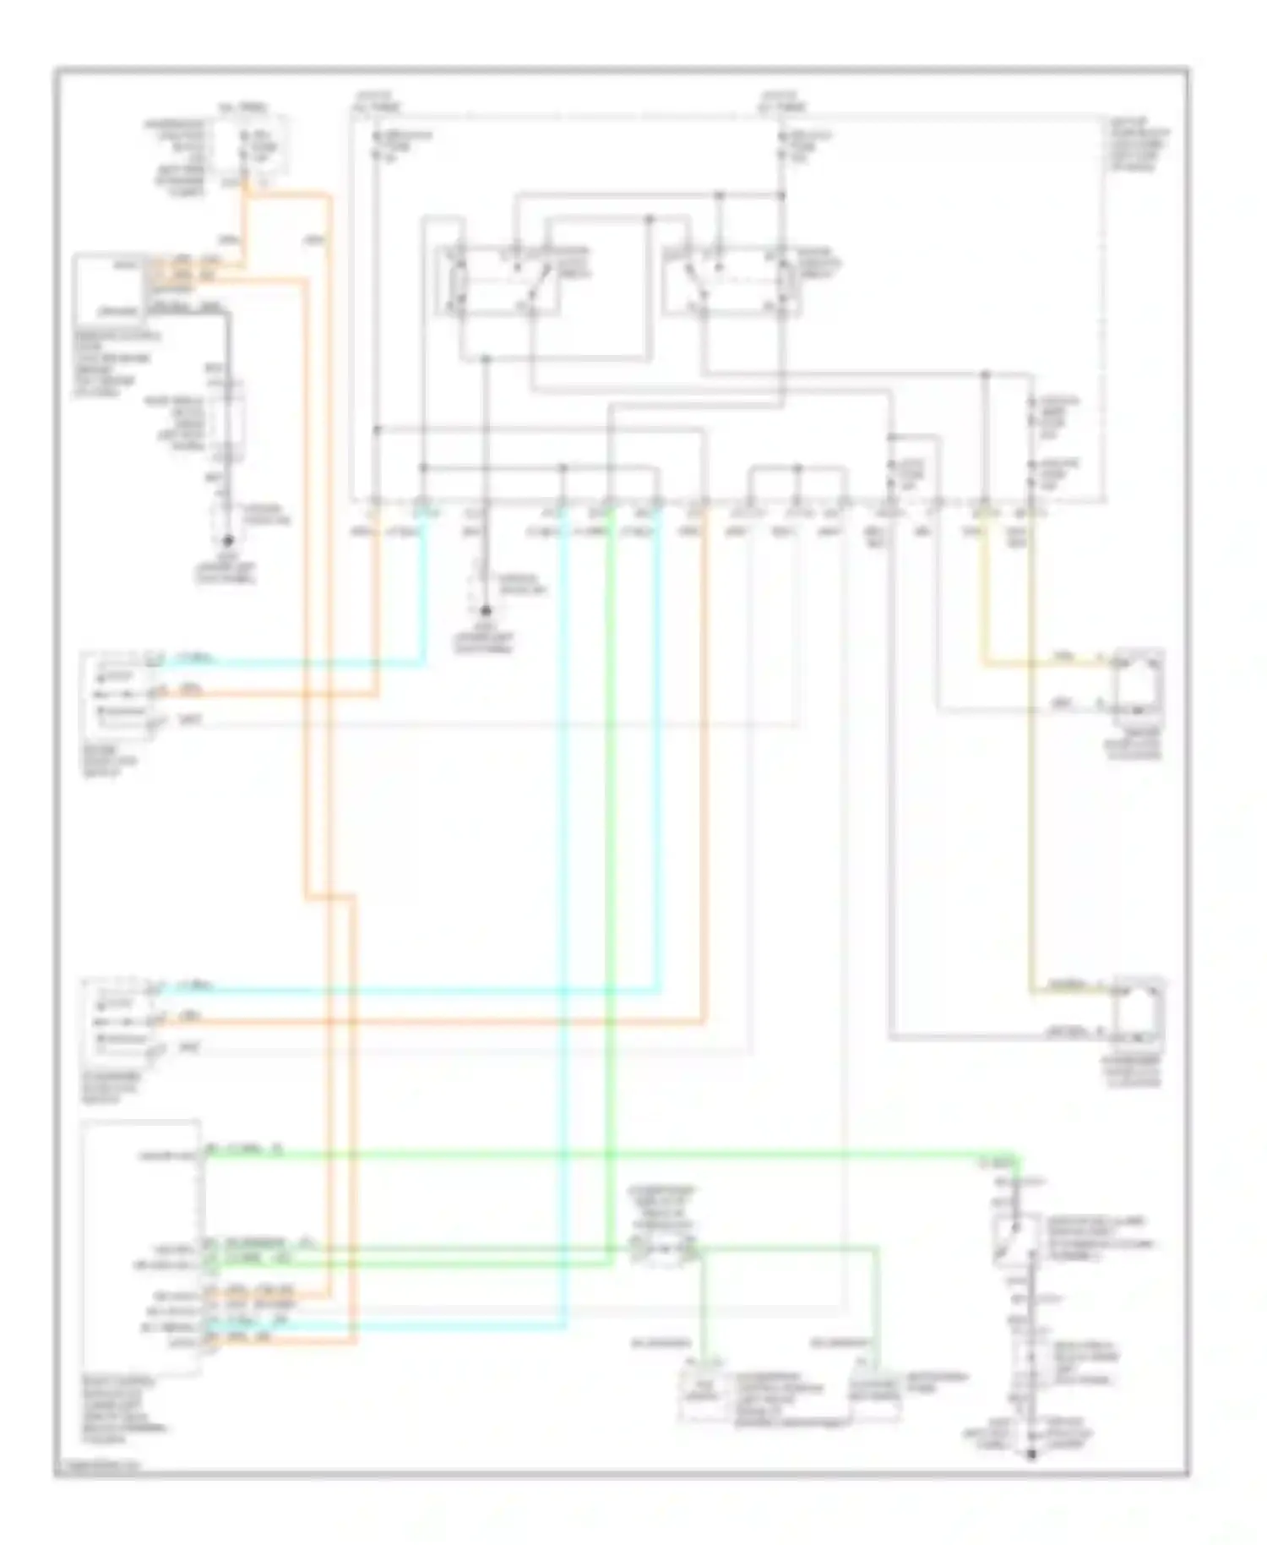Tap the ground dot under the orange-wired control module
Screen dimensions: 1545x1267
[227, 541]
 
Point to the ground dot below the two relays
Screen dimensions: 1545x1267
[485, 610]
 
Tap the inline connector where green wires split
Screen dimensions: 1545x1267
[665, 1249]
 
